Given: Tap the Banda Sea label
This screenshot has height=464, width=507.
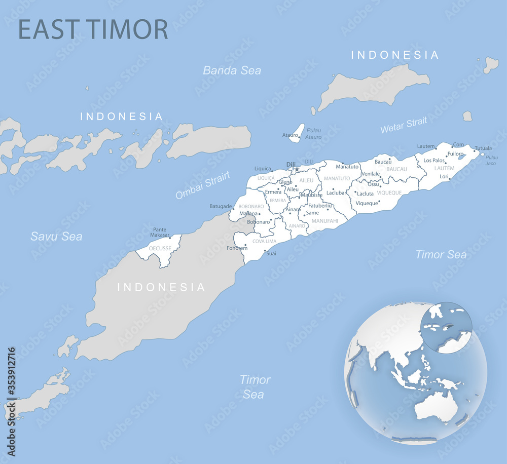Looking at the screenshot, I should [232, 70].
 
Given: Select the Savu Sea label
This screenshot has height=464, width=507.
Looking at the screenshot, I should [56, 236].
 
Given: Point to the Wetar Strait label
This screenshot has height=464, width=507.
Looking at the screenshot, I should [404, 125].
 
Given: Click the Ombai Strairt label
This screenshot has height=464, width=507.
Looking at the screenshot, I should [203, 185].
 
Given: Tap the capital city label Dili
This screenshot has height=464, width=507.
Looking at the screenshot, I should [291, 164].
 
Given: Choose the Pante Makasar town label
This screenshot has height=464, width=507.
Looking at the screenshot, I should [160, 233].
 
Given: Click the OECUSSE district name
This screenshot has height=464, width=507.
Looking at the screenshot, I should [160, 249].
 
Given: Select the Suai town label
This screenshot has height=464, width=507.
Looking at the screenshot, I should [271, 253].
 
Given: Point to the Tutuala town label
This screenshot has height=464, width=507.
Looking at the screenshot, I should [483, 148].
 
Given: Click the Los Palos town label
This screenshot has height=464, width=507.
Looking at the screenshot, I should [434, 161].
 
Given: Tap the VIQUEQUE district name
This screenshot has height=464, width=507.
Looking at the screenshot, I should [389, 193].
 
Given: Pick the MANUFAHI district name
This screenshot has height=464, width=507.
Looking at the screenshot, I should [325, 221].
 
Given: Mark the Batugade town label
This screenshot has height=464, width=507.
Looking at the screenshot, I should [221, 206].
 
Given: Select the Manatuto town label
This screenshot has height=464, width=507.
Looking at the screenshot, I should [347, 167].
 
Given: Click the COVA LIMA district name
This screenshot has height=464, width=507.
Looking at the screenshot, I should [264, 242].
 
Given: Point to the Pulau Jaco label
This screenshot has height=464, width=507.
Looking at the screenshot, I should [491, 160].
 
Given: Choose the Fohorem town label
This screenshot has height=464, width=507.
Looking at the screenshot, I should [237, 248].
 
